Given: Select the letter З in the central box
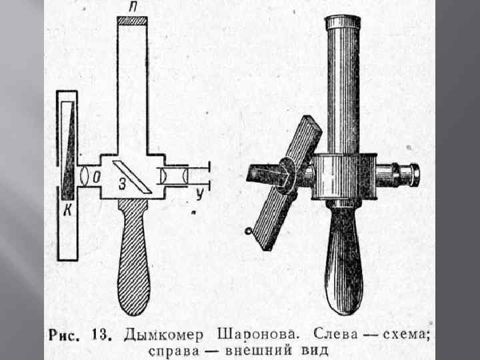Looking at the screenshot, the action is [x=123, y=185].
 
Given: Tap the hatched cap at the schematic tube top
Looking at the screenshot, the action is [x=131, y=21].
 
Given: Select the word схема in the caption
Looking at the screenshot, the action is [x=403, y=335].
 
